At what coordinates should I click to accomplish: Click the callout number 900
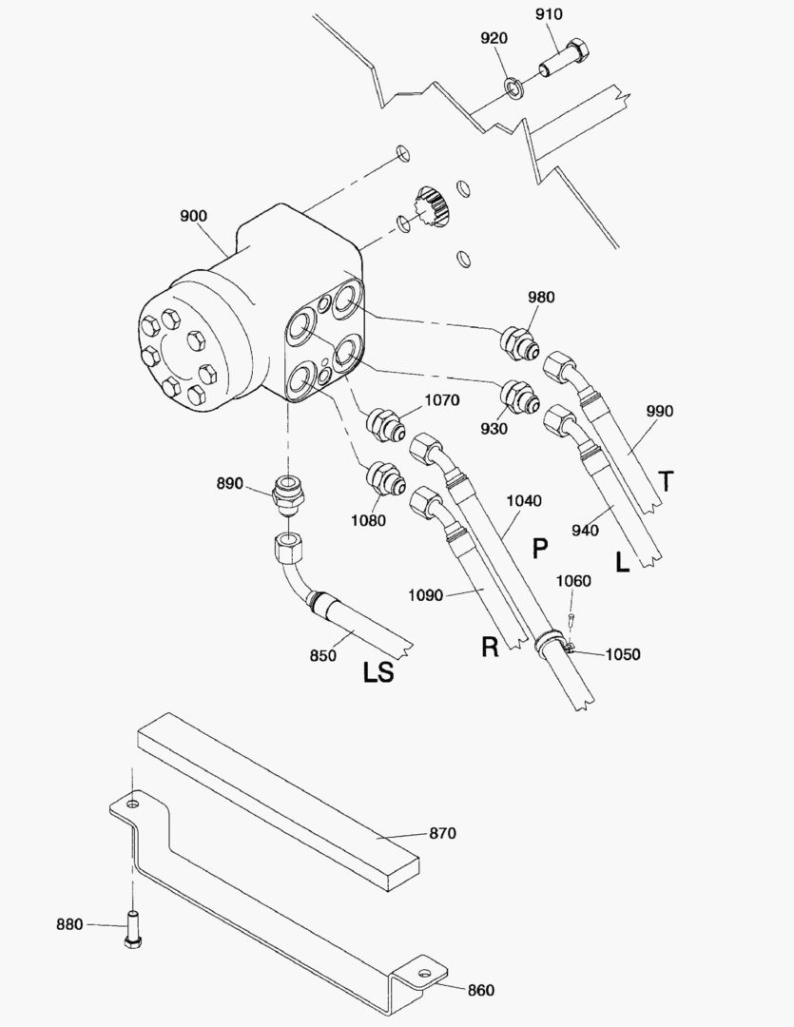[193, 216]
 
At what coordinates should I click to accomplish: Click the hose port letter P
[540, 549]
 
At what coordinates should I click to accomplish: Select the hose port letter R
[490, 648]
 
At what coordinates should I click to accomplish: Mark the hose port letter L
[622, 563]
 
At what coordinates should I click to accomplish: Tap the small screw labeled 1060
[570, 617]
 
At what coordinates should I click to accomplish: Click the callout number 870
[442, 833]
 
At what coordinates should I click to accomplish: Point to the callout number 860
[480, 990]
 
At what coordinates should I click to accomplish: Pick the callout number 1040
[524, 500]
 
